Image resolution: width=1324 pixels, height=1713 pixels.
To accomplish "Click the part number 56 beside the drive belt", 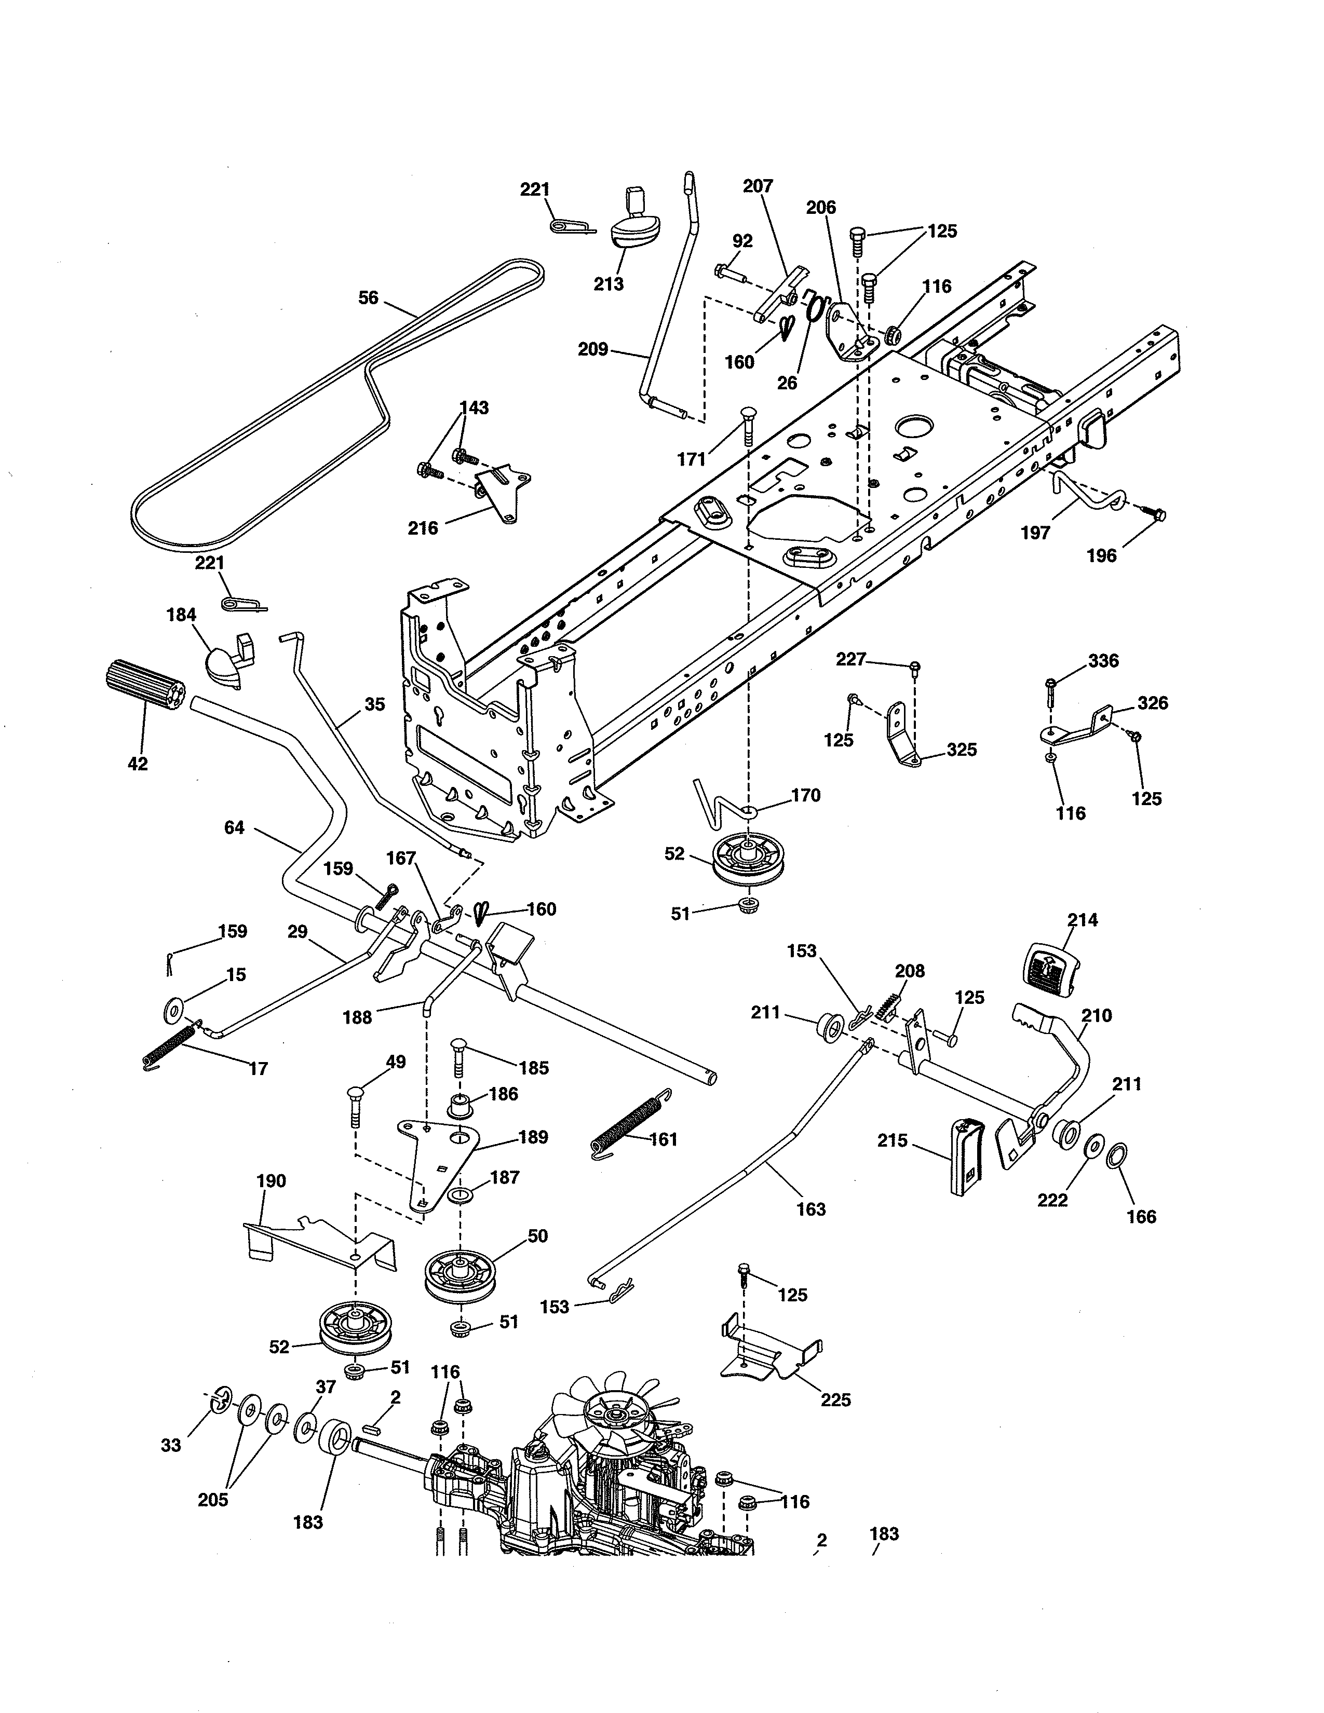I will click(368, 298).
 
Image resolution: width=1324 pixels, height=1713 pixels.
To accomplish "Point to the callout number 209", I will click(593, 350).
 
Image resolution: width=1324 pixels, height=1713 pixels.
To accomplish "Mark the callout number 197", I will click(1035, 533).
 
